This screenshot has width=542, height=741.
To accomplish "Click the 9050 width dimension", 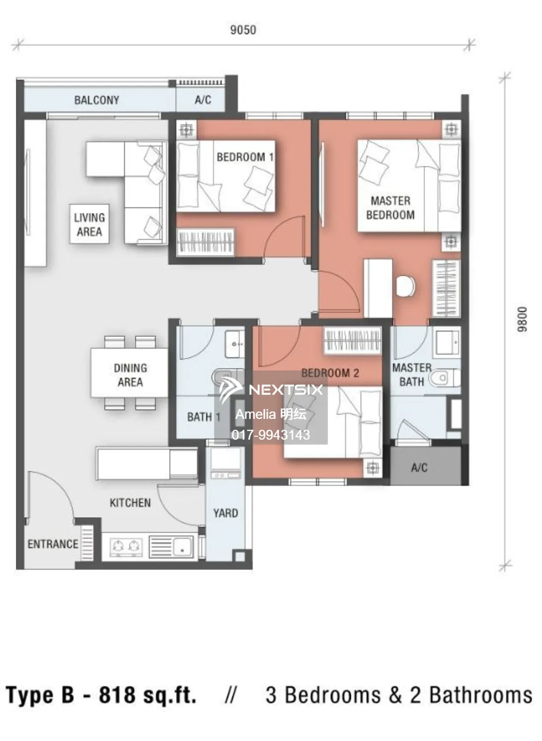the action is (x=243, y=30).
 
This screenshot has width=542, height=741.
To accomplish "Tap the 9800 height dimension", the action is (x=522, y=319).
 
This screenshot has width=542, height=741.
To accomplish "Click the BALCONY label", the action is (x=97, y=100).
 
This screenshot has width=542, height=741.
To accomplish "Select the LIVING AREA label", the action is (x=89, y=224).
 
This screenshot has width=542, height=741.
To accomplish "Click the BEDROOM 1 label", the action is (x=245, y=157).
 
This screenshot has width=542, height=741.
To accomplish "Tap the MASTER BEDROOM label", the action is (x=390, y=208).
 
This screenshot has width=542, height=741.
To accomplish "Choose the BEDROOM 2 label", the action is (x=330, y=373).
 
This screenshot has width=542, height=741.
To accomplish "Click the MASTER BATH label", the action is (x=412, y=374).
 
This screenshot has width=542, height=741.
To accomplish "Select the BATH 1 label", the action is (x=204, y=417).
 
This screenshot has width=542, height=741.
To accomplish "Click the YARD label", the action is (x=226, y=513).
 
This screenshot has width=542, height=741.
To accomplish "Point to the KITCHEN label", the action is (x=130, y=503).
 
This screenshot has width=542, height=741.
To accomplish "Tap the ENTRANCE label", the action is (x=53, y=544).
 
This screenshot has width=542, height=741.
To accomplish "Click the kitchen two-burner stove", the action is (x=125, y=547).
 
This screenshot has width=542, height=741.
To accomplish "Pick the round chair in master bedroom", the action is (x=406, y=286).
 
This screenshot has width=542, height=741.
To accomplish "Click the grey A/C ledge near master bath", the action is (x=426, y=466).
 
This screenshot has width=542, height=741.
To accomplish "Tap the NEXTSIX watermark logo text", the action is (x=286, y=390).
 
